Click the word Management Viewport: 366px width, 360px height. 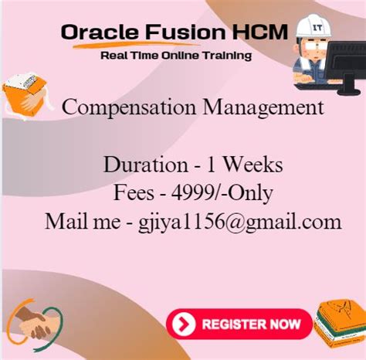point(263,107)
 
